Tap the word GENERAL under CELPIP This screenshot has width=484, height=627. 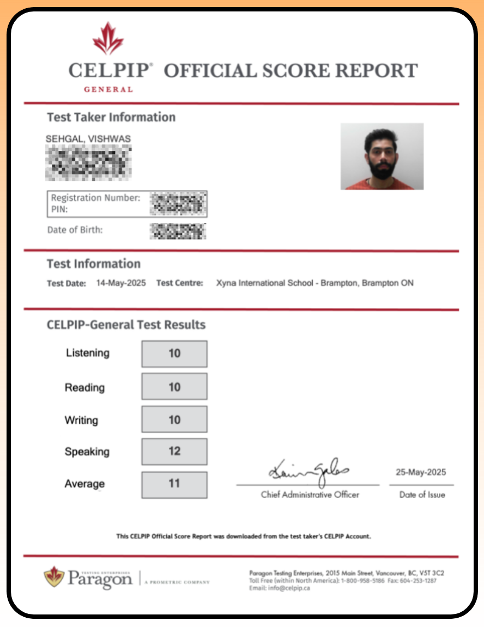click(108, 89)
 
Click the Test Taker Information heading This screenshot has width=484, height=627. click(111, 117)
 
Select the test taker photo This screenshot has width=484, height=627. click(382, 156)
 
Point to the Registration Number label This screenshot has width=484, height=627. click(95, 198)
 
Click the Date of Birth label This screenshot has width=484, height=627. click(75, 230)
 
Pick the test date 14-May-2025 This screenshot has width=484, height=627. click(120, 283)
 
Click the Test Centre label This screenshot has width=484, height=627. click(179, 283)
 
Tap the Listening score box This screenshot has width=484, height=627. click(174, 354)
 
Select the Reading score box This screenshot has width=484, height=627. click(174, 387)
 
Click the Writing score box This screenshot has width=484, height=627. click(174, 419)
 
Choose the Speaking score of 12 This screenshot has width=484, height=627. click(174, 452)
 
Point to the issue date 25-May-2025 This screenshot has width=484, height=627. click(421, 472)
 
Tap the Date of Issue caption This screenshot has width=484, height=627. click(422, 495)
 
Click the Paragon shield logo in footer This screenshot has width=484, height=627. click(54, 577)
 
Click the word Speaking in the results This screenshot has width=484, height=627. click(87, 452)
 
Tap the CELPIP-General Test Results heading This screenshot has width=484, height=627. click(126, 325)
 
